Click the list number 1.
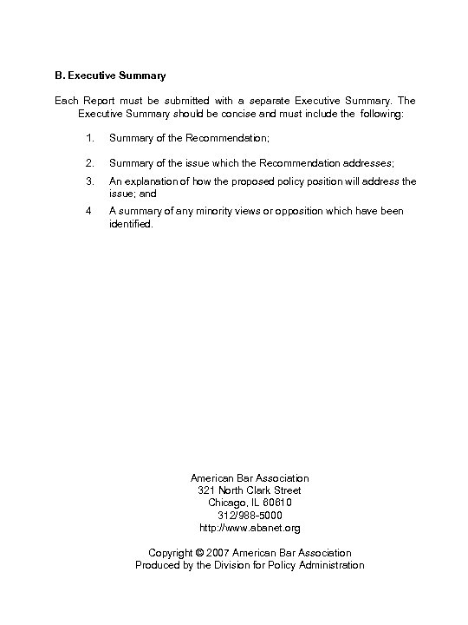click(90, 138)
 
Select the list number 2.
click(90, 162)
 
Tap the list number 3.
click(90, 181)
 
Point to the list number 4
click(89, 211)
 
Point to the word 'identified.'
click(130, 223)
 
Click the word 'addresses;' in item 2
click(368, 162)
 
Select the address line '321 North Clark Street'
click(250, 490)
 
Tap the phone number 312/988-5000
click(250, 515)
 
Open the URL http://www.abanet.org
click(250, 527)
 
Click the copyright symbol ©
click(199, 553)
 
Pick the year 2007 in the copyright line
click(218, 553)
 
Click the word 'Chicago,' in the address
click(227, 503)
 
